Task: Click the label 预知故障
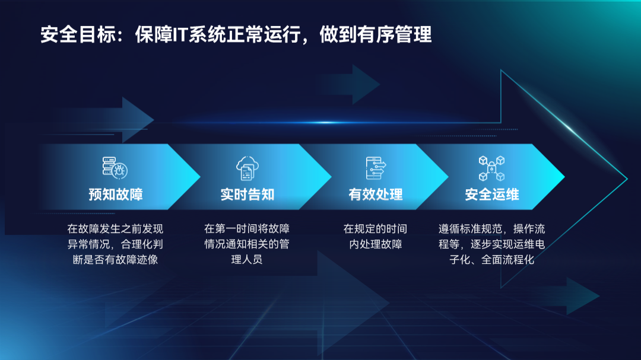116,195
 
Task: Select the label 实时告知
247,195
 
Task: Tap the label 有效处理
376,195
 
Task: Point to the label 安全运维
492,195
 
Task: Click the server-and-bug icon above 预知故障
115,168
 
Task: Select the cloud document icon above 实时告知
247,168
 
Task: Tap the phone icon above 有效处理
376,168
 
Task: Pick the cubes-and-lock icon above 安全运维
492,168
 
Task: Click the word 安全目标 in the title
78,34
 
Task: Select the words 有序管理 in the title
395,34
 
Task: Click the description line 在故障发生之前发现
115,229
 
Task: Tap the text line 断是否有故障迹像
115,260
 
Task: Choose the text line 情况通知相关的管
247,244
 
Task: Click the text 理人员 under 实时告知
247,260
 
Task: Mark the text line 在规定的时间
375,229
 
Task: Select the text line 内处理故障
375,244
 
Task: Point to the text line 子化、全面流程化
492,260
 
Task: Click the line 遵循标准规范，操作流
492,229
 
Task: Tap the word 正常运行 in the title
264,34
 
